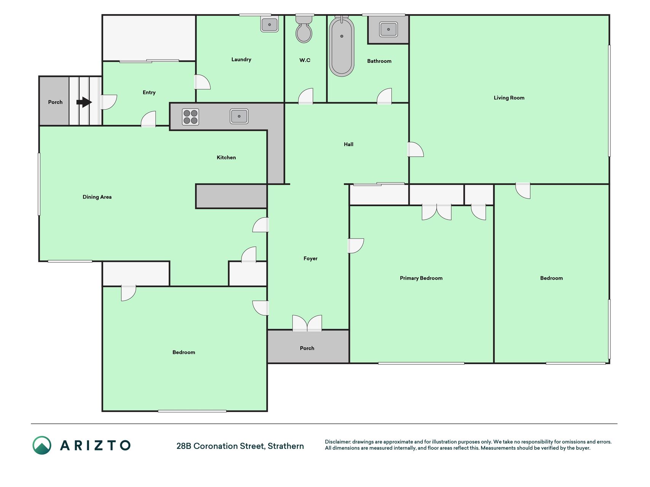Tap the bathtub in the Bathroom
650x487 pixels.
tap(342, 46)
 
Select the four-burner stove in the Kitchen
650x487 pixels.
tap(190, 117)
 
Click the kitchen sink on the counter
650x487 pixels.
tap(239, 116)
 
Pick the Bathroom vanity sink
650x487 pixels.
tap(388, 29)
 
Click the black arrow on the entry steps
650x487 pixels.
tap(84, 102)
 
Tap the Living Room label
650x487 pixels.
tap(509, 98)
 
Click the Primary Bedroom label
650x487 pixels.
tap(421, 278)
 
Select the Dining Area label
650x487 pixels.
tap(97, 197)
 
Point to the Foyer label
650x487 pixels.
tap(310, 258)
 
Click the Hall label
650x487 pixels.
tap(348, 144)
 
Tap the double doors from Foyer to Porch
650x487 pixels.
tap(307, 323)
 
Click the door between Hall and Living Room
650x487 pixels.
tap(415, 150)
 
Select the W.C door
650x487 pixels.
tap(305, 96)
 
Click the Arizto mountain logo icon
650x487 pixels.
tap(42, 445)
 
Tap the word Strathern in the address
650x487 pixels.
tap(286, 446)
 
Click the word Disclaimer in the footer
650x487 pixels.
tap(337, 442)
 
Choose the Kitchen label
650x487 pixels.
tap(226, 158)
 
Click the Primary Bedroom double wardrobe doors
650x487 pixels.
tap(436, 212)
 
